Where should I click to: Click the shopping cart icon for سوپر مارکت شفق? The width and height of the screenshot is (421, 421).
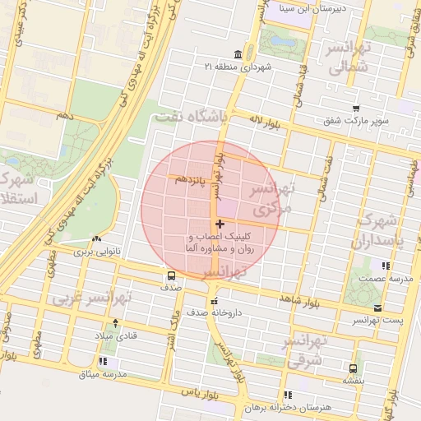[356, 109]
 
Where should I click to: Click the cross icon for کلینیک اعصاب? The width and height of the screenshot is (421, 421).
[219, 224]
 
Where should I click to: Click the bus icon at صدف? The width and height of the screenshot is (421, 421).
[171, 275]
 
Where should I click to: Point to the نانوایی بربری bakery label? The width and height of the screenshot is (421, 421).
[97, 251]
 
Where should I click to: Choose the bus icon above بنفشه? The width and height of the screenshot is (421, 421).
[354, 368]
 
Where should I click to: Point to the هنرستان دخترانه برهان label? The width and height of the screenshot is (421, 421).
[316, 408]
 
